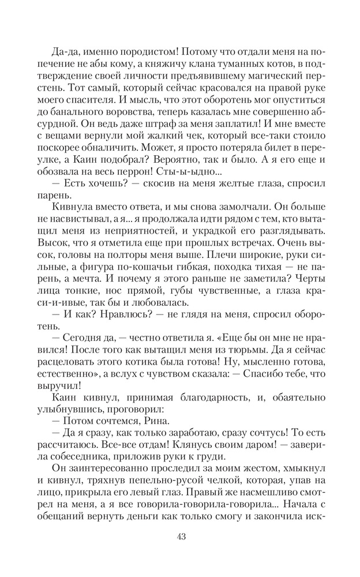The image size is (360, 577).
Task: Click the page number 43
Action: [x=180, y=537]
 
